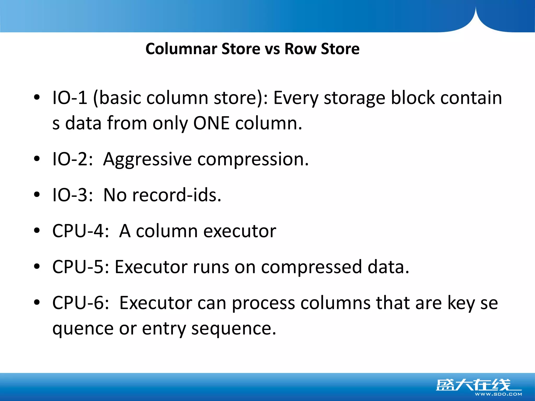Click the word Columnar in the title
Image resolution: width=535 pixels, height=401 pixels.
[x=181, y=49]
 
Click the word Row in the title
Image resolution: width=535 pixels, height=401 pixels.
[x=300, y=49]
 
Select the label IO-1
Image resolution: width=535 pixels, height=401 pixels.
[x=70, y=98]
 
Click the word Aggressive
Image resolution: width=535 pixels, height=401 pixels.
[x=147, y=159]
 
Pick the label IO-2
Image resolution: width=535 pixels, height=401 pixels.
[x=72, y=159]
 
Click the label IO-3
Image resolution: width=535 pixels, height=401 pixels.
[x=72, y=195]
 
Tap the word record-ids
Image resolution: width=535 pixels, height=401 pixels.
[x=177, y=195]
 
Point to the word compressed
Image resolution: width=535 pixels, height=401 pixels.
[x=311, y=267]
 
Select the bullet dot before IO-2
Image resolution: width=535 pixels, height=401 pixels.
[x=37, y=159]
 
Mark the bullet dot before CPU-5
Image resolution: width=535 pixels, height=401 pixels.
[x=37, y=267]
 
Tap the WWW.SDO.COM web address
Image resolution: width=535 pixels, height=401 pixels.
[x=498, y=394]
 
